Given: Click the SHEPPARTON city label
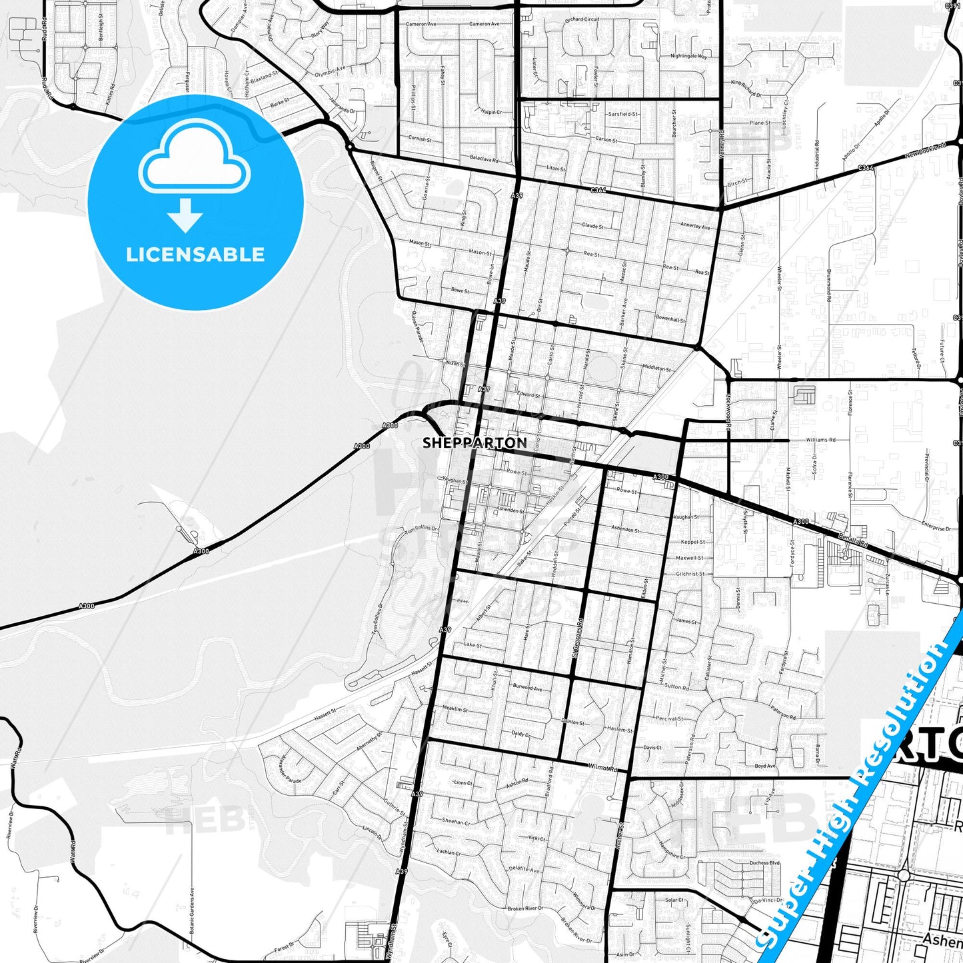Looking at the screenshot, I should tap(475, 443).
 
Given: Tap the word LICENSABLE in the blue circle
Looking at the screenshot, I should tap(195, 255).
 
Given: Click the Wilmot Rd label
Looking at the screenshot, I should tap(604, 767).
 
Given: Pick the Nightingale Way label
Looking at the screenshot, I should tap(689, 56).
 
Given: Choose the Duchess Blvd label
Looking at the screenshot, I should tap(764, 862).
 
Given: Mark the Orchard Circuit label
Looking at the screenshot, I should tap(582, 19).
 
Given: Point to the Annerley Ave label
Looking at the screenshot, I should tap(695, 226).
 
